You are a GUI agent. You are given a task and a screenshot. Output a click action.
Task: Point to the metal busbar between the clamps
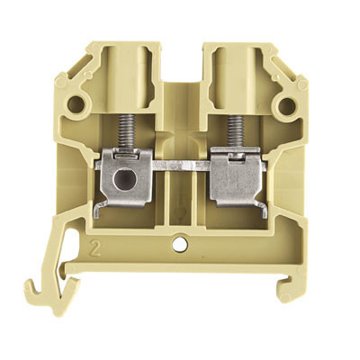click(x=179, y=166)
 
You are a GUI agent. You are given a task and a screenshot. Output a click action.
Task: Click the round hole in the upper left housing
click(x=75, y=106)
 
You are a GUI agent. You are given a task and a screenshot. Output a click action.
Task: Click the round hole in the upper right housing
click(x=286, y=106)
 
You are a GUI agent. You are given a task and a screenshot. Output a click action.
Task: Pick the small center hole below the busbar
click(x=182, y=241)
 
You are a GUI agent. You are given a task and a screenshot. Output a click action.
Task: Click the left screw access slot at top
click(x=127, y=67)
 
